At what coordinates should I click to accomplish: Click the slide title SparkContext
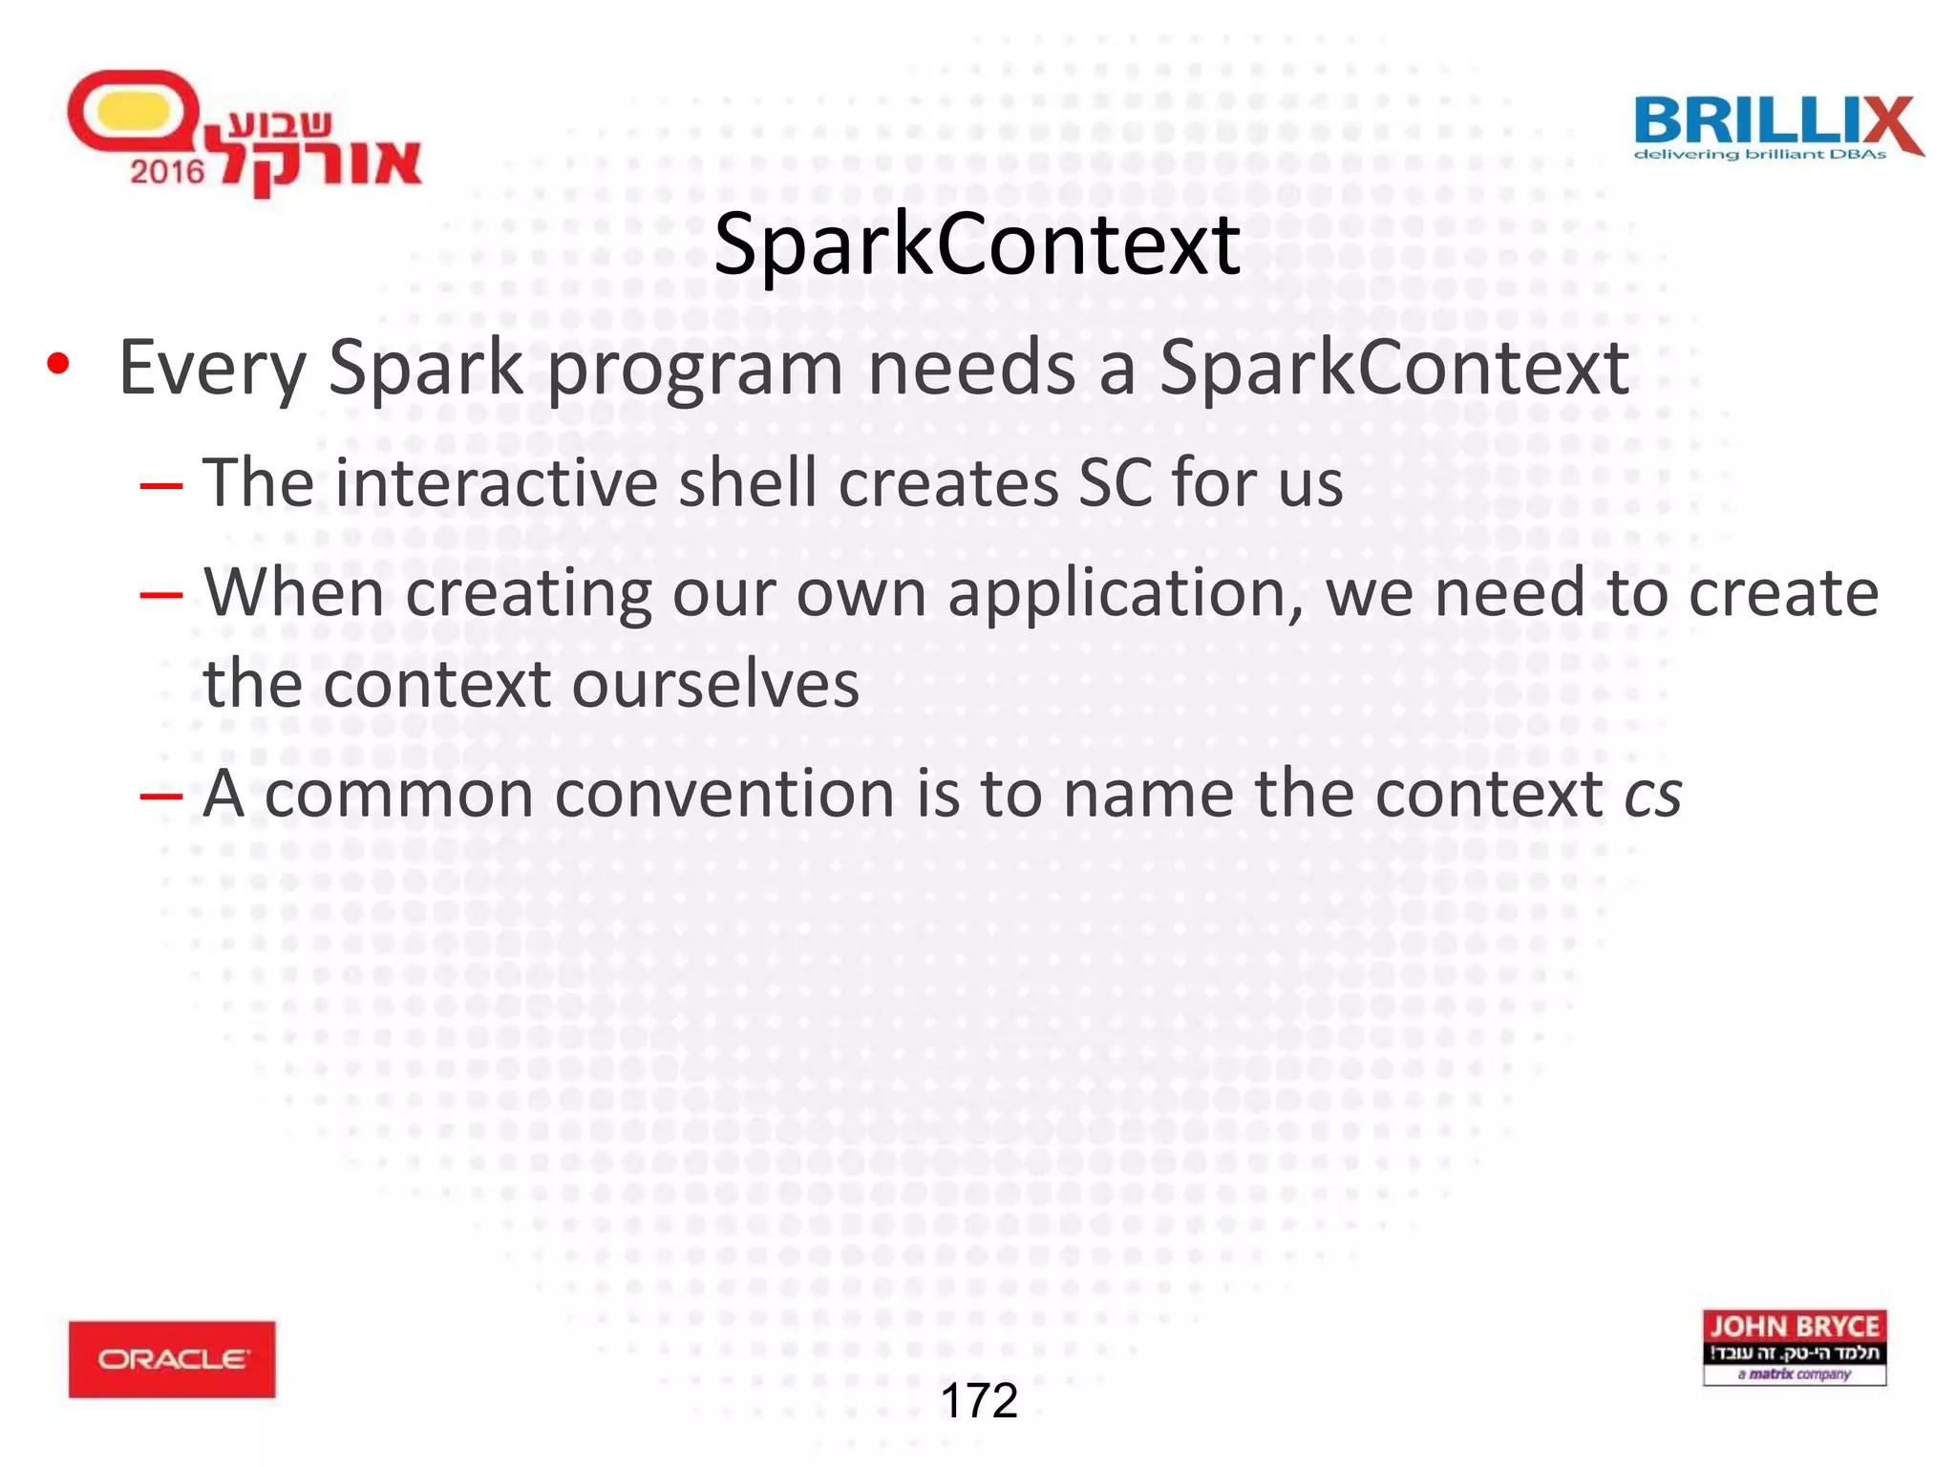pyautogui.click(x=976, y=245)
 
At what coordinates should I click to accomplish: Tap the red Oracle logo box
pyautogui.click(x=172, y=1358)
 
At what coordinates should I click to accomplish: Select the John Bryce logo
pyautogui.click(x=1794, y=1347)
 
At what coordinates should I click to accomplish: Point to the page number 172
pyautogui.click(x=979, y=1401)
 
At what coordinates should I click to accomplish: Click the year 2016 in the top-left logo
pyautogui.click(x=168, y=172)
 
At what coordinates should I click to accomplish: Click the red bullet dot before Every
pyautogui.click(x=58, y=365)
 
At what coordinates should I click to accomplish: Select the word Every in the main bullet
pyautogui.click(x=211, y=369)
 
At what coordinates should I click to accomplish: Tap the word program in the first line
pyautogui.click(x=694, y=369)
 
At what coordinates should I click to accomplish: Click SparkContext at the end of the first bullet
pyautogui.click(x=1393, y=369)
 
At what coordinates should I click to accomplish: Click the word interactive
pyautogui.click(x=494, y=482)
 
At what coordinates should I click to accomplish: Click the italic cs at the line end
pyautogui.click(x=1653, y=795)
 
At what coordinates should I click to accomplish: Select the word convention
pyautogui.click(x=723, y=795)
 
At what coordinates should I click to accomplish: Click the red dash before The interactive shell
pyautogui.click(x=160, y=485)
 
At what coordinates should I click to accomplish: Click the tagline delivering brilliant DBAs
pyautogui.click(x=1759, y=154)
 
